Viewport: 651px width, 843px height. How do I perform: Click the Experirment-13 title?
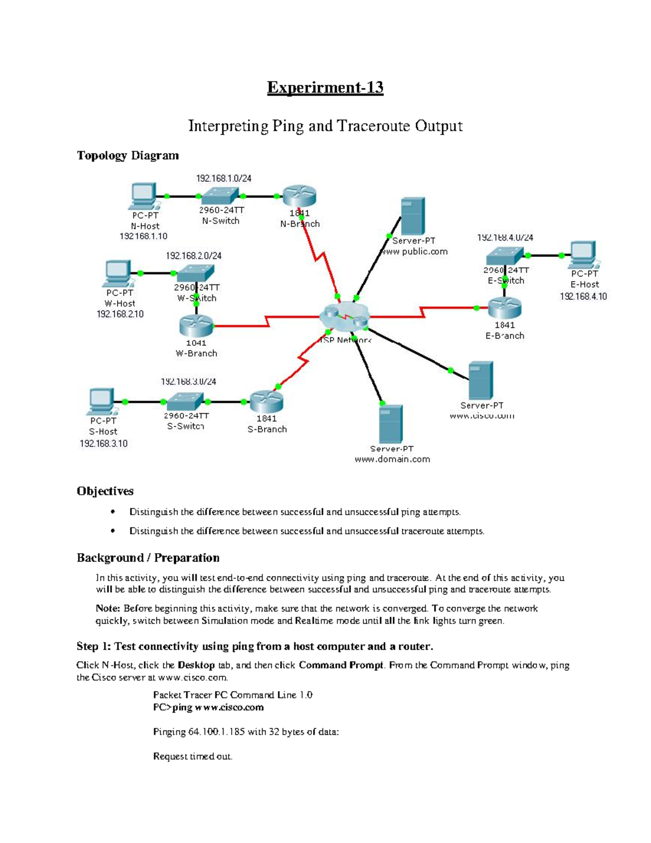pos(325,88)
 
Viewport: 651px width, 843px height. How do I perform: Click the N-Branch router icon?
pos(299,197)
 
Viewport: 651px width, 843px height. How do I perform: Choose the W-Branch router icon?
pos(196,326)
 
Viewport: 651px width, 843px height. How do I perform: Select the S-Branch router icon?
pos(266,402)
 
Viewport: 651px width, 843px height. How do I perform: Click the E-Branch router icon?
pos(504,308)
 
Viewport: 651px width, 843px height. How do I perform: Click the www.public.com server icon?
pos(412,216)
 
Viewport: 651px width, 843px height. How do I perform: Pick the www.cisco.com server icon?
pos(481,381)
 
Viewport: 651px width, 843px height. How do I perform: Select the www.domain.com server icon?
pos(391,424)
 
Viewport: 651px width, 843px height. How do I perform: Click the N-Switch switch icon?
pos(220,196)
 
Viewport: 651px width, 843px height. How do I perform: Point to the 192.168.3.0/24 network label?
pos(188,382)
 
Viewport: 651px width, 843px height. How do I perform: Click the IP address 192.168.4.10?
pos(583,296)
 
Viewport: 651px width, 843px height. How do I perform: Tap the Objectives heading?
pos(105,491)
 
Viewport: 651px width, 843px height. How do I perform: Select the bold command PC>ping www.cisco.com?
pos(208,707)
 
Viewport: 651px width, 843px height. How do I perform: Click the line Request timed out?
pos(193,756)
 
